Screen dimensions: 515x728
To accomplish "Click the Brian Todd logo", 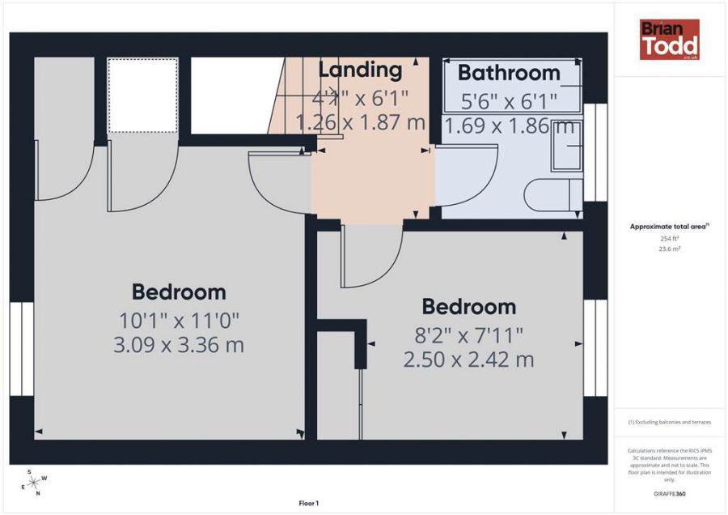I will coord(669,40).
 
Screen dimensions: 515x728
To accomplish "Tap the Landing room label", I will coord(360,70).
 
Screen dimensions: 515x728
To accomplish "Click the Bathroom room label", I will coord(509,73).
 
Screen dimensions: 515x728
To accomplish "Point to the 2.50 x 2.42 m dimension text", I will coord(468,360).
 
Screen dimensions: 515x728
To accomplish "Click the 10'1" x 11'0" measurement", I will coord(179,319).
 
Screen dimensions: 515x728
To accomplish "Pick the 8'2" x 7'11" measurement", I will coord(468,334).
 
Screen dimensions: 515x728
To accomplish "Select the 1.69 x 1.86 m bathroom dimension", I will coord(509,126).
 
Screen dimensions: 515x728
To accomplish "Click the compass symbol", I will coord(35,483).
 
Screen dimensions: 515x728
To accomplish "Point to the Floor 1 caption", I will coord(307,504).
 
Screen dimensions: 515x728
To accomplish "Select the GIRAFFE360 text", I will coord(670,493).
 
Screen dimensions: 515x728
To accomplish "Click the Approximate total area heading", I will coord(669,227).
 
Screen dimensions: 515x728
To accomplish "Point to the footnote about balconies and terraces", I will coord(669,422).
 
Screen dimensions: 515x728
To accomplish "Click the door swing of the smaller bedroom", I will coord(368,259).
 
